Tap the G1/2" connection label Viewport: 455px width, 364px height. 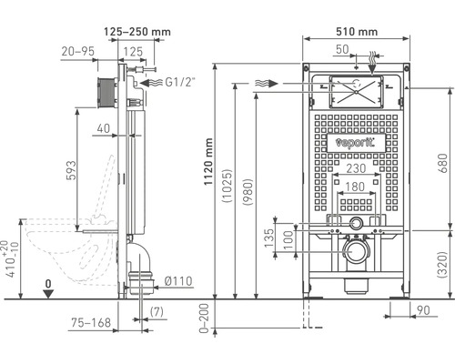tap(180, 81)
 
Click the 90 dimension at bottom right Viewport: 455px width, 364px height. tap(423, 312)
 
